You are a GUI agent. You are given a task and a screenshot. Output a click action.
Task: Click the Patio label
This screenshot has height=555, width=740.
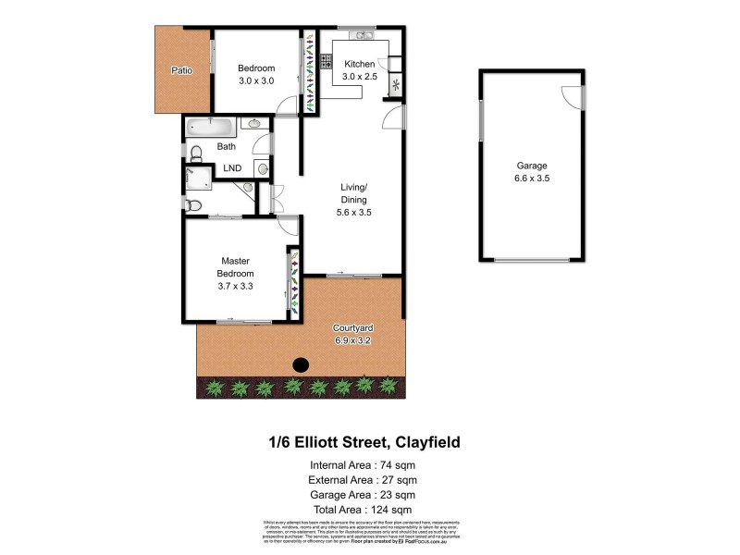pos(181,70)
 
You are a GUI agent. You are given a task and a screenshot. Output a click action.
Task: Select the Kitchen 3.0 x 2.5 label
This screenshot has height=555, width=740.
pos(360,70)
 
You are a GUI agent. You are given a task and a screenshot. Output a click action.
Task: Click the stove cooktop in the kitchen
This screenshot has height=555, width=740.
pos(326,62)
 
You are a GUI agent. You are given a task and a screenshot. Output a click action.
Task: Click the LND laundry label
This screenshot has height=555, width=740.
pos(232,168)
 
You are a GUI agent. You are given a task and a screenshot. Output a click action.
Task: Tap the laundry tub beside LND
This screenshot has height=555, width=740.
pos(262,168)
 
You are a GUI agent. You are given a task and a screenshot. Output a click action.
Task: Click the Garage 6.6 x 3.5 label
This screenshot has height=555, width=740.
pos(533,173)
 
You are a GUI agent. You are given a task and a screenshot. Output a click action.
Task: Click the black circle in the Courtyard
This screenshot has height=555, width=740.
pos(300,364)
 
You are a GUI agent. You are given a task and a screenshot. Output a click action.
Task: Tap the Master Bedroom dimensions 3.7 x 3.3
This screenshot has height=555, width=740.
pos(235,286)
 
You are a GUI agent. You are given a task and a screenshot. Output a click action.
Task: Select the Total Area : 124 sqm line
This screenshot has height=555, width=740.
pos(362,509)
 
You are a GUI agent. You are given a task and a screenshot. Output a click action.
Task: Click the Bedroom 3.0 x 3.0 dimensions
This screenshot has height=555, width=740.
pos(256,81)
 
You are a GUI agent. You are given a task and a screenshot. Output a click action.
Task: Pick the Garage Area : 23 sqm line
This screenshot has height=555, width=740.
pos(362,494)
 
